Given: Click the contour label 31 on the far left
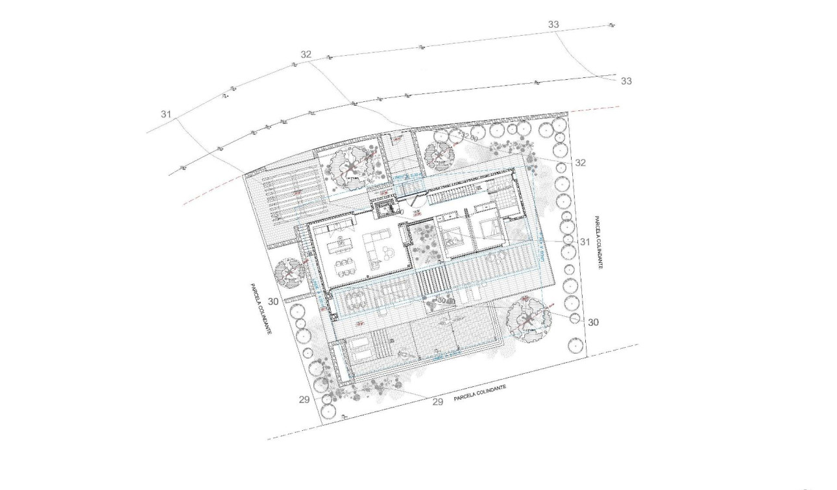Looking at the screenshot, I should tap(166, 114).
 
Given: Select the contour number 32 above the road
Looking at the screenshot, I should tap(306, 55).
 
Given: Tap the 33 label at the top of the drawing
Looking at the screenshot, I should tap(553, 25).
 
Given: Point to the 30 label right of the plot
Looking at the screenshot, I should tap(593, 322).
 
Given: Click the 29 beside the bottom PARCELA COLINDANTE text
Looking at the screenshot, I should tap(437, 402).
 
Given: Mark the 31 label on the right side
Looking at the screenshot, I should tap(585, 241).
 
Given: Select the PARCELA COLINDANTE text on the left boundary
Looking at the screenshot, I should tap(260, 308).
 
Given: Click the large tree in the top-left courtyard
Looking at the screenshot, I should tap(351, 164).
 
